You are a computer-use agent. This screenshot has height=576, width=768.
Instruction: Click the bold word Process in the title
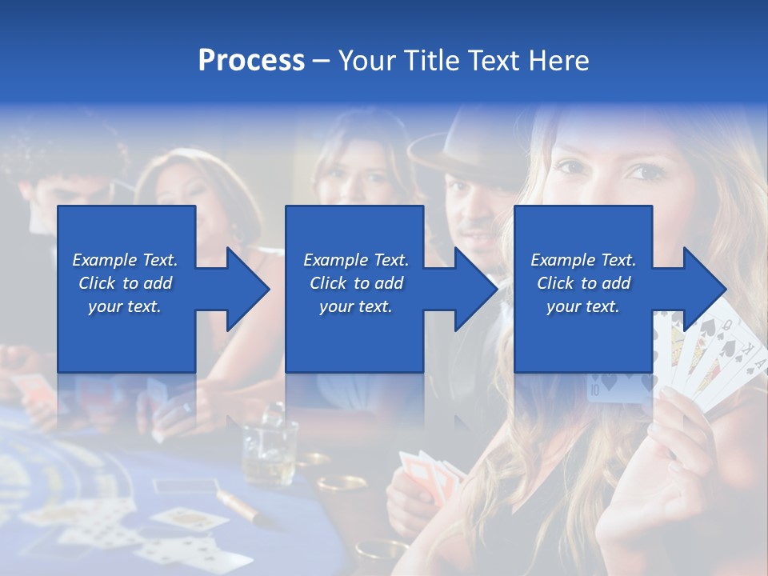coord(251,61)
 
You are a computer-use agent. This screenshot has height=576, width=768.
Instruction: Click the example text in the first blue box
coord(125,283)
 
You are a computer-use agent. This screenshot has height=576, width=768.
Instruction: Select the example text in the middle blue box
coord(356,283)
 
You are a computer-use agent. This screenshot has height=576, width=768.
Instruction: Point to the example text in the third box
coord(583,283)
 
